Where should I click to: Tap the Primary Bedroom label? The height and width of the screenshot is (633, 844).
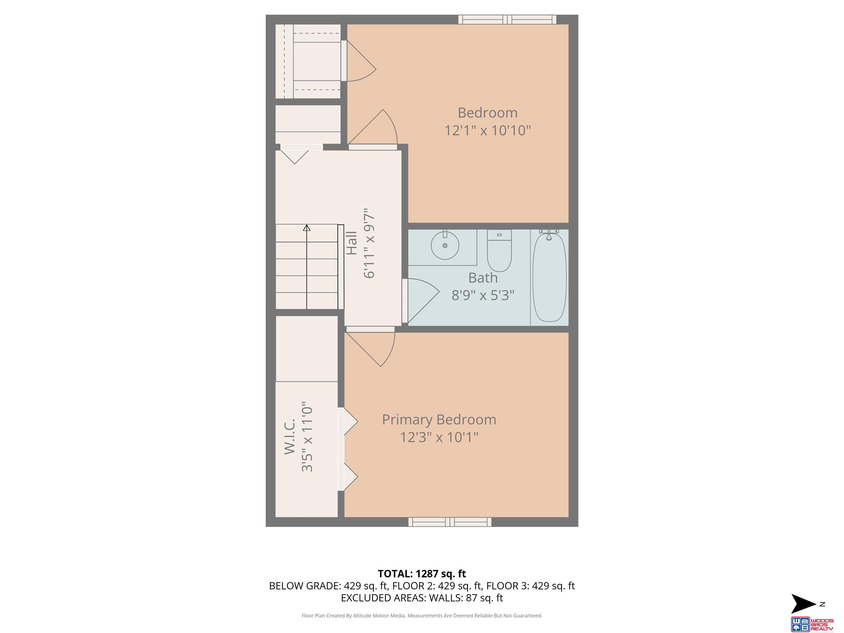tap(439, 420)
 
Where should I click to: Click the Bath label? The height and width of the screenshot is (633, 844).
tap(483, 278)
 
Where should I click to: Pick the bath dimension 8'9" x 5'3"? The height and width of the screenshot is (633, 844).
tap(483, 295)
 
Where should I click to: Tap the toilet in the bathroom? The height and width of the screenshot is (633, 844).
tap(499, 251)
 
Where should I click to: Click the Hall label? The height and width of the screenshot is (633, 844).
tap(351, 243)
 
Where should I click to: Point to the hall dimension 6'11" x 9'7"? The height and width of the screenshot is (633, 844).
tap(369, 243)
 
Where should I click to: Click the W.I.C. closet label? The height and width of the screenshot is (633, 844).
tap(290, 437)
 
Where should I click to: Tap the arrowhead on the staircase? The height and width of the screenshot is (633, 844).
tap(307, 228)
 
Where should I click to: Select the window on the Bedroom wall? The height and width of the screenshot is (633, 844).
tap(507, 20)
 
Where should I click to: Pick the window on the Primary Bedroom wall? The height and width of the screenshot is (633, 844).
tap(450, 522)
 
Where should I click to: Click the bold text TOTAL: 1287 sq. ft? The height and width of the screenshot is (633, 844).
tap(422, 574)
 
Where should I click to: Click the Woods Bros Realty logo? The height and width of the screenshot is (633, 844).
tap(812, 624)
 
